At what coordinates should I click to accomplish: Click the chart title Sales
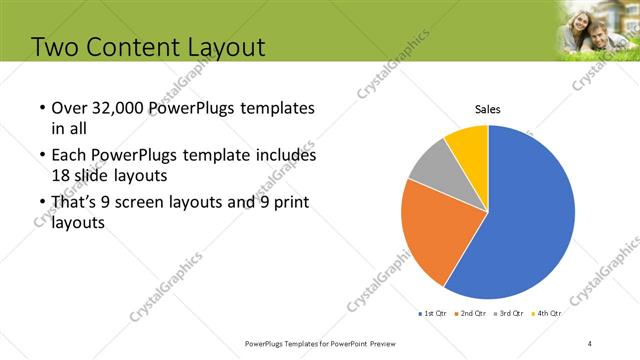487,109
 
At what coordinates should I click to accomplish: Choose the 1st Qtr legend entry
431,313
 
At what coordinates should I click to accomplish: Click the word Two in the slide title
59,47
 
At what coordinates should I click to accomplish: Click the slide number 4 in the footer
590,344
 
